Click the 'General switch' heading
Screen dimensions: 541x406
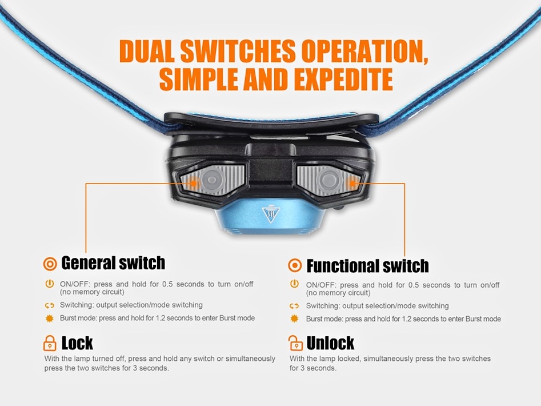coord(113,262)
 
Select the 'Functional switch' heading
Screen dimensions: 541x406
coord(367,266)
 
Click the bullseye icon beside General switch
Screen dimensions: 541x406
coord(50,264)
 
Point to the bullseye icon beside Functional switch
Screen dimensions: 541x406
coord(295,265)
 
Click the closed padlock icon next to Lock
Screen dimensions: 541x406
coord(50,343)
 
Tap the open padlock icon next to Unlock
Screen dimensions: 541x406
coord(295,343)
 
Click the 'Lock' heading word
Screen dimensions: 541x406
coord(77,343)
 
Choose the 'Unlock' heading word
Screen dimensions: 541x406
coord(330,343)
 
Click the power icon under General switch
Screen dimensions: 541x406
coord(50,284)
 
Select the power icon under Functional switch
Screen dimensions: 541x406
coord(294,284)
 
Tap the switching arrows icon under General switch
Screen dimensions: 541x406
coord(50,305)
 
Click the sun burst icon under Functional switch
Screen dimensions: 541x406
coord(294,319)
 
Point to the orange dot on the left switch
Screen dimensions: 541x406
coord(193,182)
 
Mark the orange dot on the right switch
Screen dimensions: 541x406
coord(352,182)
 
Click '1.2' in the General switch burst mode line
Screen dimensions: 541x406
coord(160,318)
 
